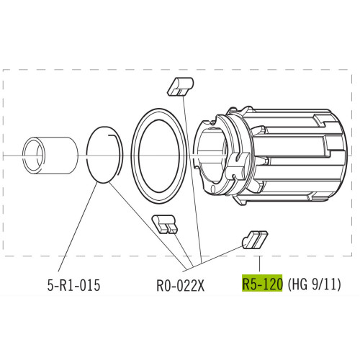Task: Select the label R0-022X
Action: tap(181, 285)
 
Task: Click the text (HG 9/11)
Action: tap(313, 284)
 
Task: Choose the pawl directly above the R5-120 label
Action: tap(255, 238)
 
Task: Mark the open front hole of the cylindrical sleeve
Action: tap(32, 153)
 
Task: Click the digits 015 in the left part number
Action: tap(85, 285)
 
